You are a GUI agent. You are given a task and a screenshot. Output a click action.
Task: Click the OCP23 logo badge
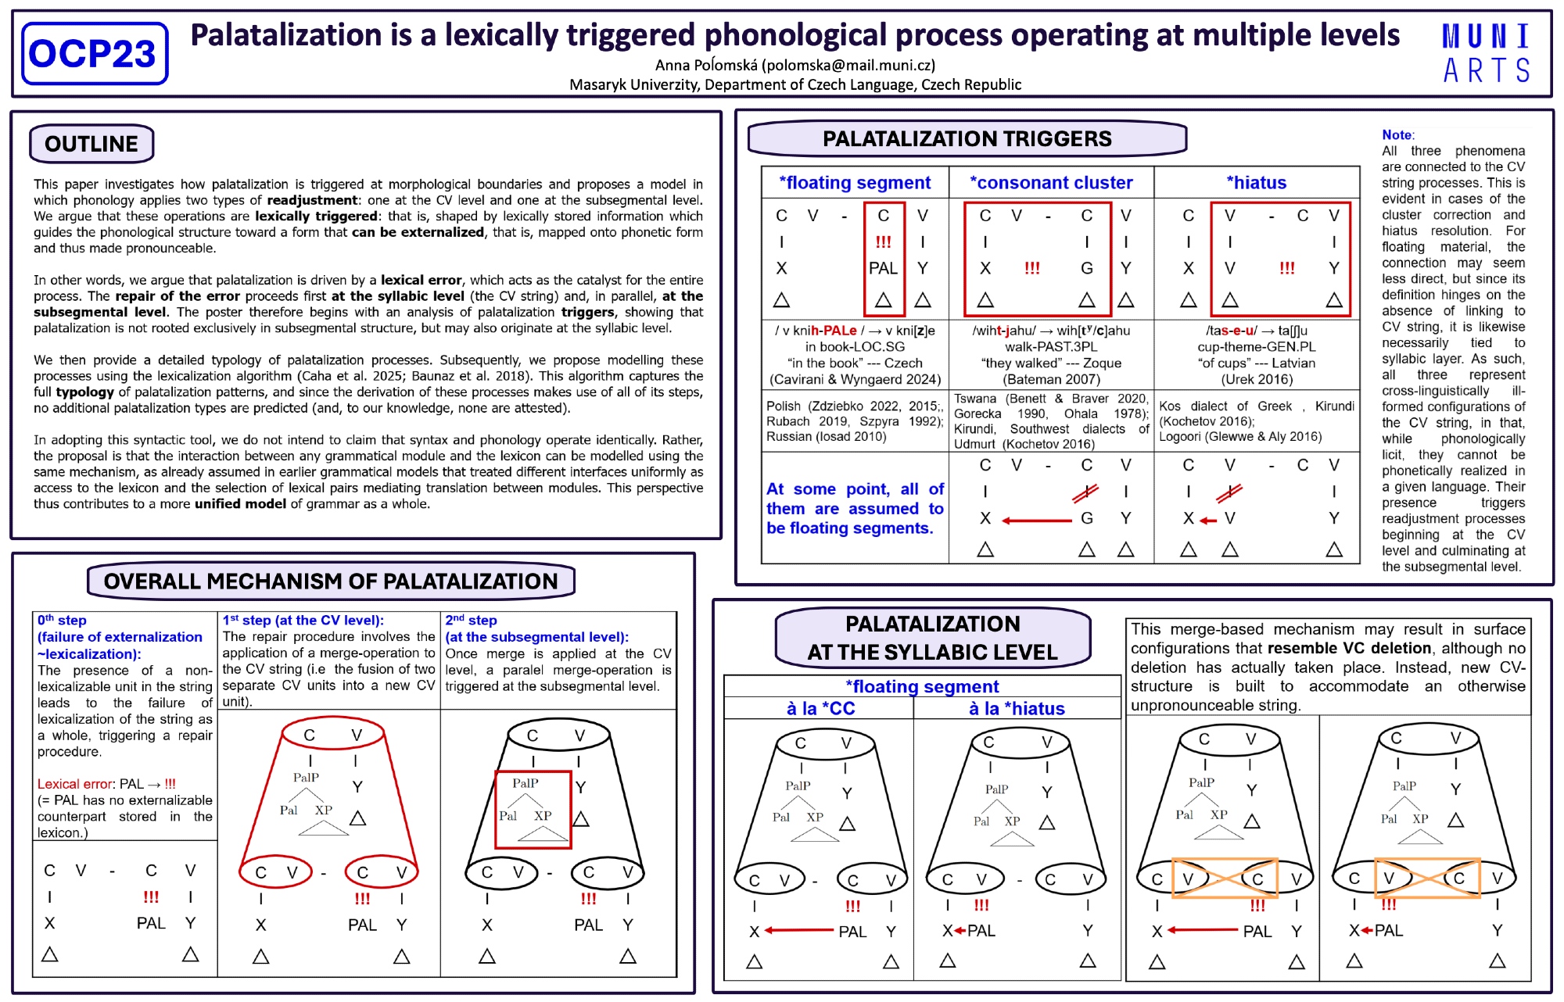tap(95, 53)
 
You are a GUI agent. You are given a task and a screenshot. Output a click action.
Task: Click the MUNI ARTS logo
tap(1486, 53)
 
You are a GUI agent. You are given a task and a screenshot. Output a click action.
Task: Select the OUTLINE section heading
tap(91, 144)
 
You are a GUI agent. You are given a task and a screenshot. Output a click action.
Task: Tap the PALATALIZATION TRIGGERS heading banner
tap(967, 139)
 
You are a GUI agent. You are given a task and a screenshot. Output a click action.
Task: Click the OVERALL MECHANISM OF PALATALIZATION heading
tap(331, 582)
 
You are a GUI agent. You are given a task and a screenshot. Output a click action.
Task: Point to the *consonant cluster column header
tap(1051, 183)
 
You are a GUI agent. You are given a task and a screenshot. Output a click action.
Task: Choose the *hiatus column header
tap(1256, 183)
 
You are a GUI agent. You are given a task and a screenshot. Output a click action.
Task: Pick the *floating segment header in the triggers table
tap(855, 183)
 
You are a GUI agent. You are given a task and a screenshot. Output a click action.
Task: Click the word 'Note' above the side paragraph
tap(1397, 135)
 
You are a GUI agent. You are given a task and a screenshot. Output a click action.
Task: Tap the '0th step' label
tap(62, 621)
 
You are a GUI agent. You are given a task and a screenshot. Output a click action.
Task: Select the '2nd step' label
tap(471, 621)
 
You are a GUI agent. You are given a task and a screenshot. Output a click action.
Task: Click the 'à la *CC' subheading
tap(820, 709)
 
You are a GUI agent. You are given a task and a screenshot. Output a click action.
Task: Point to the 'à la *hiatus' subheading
tap(1017, 709)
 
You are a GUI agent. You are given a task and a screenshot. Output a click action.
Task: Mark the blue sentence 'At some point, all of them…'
tap(855, 509)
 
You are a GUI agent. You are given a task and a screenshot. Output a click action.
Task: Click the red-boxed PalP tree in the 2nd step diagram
tap(533, 810)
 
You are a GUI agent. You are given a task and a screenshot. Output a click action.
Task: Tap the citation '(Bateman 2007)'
tap(1051, 380)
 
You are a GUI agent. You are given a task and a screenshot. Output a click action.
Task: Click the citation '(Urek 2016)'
tap(1257, 380)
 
